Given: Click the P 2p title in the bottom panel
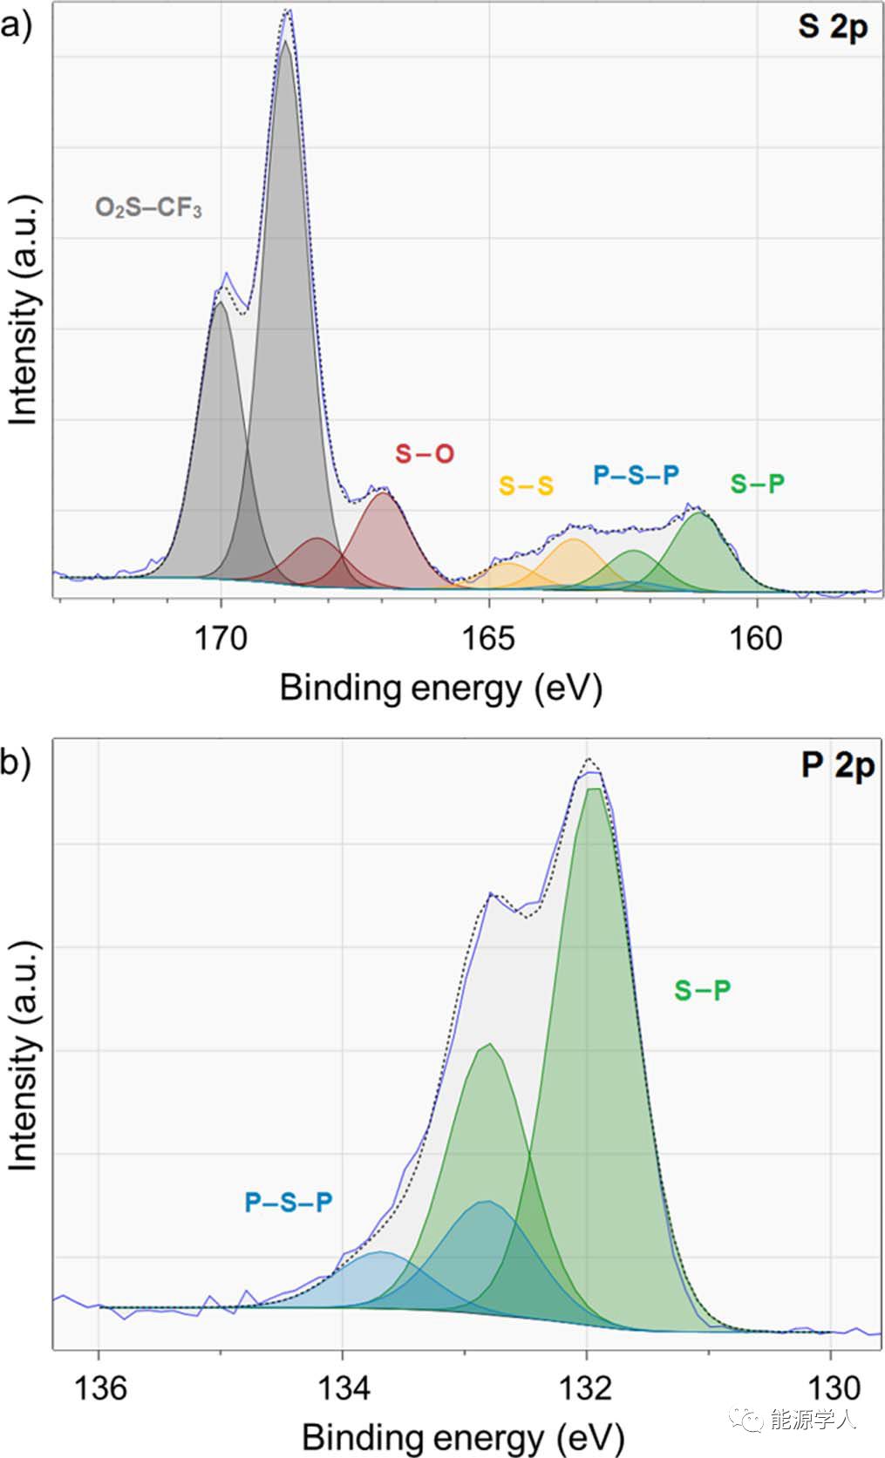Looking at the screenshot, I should (x=837, y=765).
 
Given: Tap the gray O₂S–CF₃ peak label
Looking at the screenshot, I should (x=148, y=208).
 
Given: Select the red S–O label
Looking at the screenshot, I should (x=425, y=453).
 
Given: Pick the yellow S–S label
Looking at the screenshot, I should (x=526, y=485).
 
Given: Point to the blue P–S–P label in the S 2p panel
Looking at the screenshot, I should (x=636, y=475).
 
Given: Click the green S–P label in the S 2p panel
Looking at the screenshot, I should (x=757, y=483).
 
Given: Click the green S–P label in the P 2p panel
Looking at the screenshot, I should (x=702, y=990).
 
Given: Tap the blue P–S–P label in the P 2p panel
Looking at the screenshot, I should (x=288, y=1203).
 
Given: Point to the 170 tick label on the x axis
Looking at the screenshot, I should (x=221, y=638).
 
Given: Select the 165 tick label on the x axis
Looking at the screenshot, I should (x=488, y=638).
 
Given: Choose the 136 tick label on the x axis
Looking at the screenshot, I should (x=100, y=1387).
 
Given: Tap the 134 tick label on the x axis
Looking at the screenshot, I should (x=344, y=1387).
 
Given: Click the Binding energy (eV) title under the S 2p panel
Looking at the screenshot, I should (x=440, y=688).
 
